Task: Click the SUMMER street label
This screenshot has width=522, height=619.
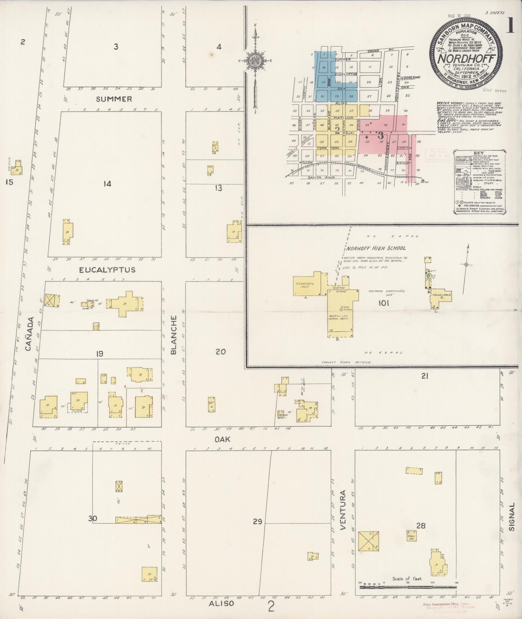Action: pyautogui.click(x=114, y=99)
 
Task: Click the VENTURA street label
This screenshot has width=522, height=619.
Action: pyautogui.click(x=343, y=514)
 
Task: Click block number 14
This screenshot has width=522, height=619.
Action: pyautogui.click(x=107, y=184)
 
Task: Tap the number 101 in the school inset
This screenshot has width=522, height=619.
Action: pyautogui.click(x=383, y=303)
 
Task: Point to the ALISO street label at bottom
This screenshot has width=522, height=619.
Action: pyautogui.click(x=221, y=603)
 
